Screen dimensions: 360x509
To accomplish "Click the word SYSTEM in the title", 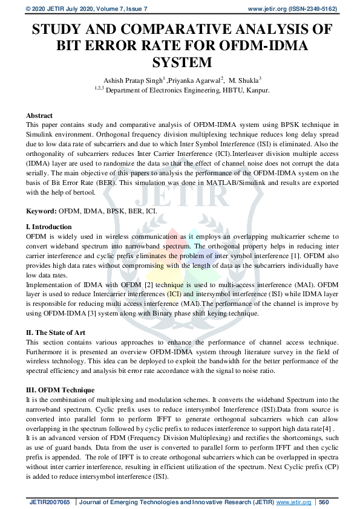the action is (x=180, y=62).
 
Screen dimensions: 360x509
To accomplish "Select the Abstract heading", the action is (x=39, y=115).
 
